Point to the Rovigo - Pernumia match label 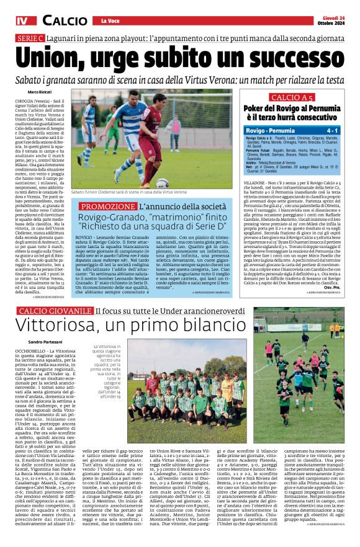tap(271, 131)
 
